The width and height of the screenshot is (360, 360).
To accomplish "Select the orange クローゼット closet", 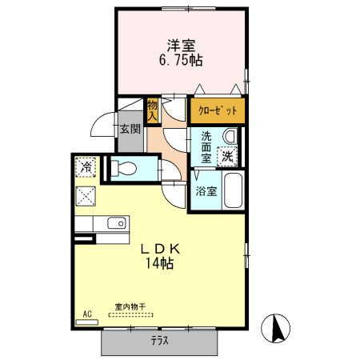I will pos(216,110).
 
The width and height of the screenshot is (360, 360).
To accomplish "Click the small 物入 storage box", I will pos(153,109).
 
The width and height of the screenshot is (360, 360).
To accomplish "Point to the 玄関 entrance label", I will pos(130,129).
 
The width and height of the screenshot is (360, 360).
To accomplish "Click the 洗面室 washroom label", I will pos(206,147).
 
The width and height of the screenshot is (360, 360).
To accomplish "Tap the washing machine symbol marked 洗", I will pos(229,155).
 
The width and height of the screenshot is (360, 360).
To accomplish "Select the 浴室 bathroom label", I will pos(206,192).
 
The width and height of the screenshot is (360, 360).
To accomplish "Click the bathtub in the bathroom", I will pos(232,192).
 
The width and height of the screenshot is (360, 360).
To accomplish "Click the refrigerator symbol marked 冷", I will pos(86,168).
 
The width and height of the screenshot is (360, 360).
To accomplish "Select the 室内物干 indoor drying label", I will pos(130,306).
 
